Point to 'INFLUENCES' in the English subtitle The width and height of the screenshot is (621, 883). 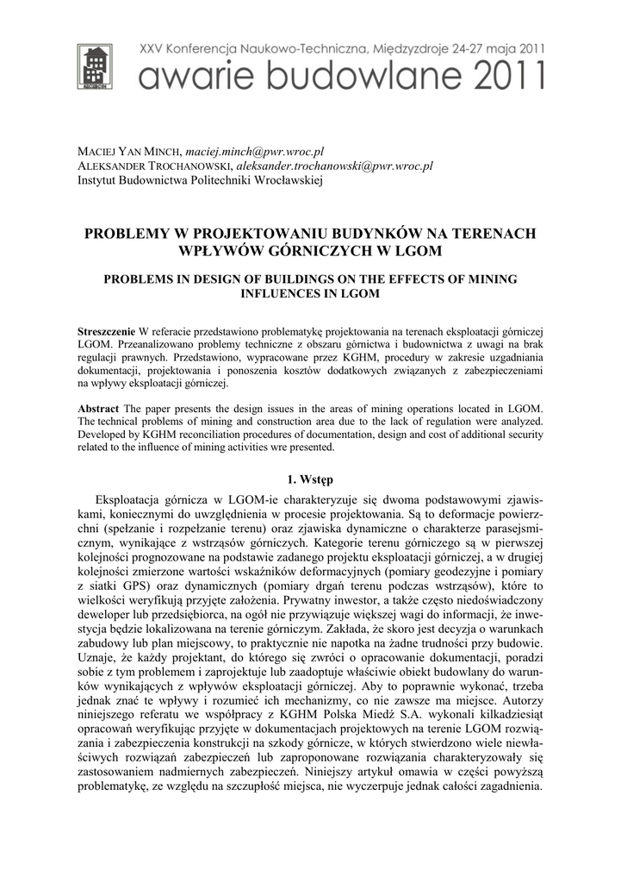(x=285, y=293)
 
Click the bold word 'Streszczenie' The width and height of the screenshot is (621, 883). (x=106, y=331)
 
